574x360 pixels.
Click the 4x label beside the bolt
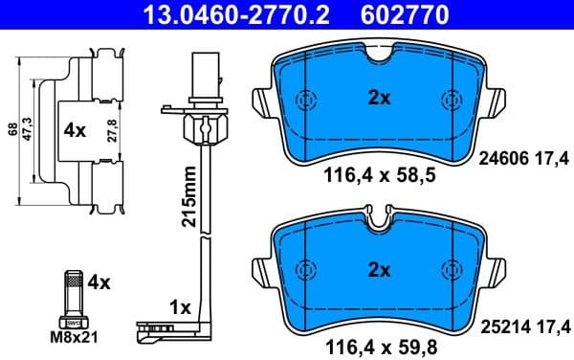pyautogui.click(x=99, y=282)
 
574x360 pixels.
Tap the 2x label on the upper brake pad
pyautogui.click(x=379, y=96)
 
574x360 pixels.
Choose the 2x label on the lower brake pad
pyautogui.click(x=379, y=270)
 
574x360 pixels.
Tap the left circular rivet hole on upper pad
pyautogui.click(x=307, y=100)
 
